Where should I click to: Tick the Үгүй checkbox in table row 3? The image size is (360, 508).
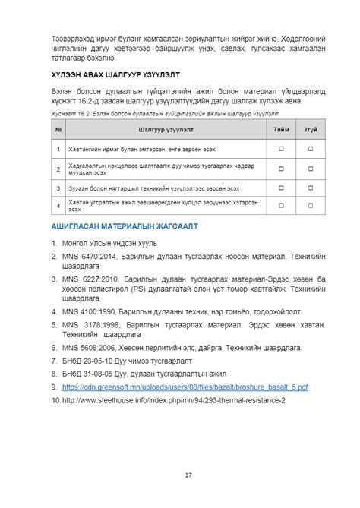click(311, 187)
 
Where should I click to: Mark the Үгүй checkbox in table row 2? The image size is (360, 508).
click(311, 168)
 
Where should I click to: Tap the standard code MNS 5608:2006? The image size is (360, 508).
click(90, 347)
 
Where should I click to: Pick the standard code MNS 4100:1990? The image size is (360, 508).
click(90, 310)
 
